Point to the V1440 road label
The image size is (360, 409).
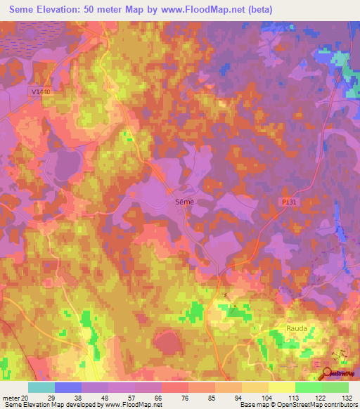(41, 91)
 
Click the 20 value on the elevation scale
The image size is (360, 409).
(25, 397)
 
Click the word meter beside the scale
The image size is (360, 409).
(10, 397)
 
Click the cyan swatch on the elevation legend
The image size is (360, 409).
(41, 387)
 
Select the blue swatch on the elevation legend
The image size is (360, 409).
(67, 387)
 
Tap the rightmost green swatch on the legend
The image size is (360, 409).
(335, 387)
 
